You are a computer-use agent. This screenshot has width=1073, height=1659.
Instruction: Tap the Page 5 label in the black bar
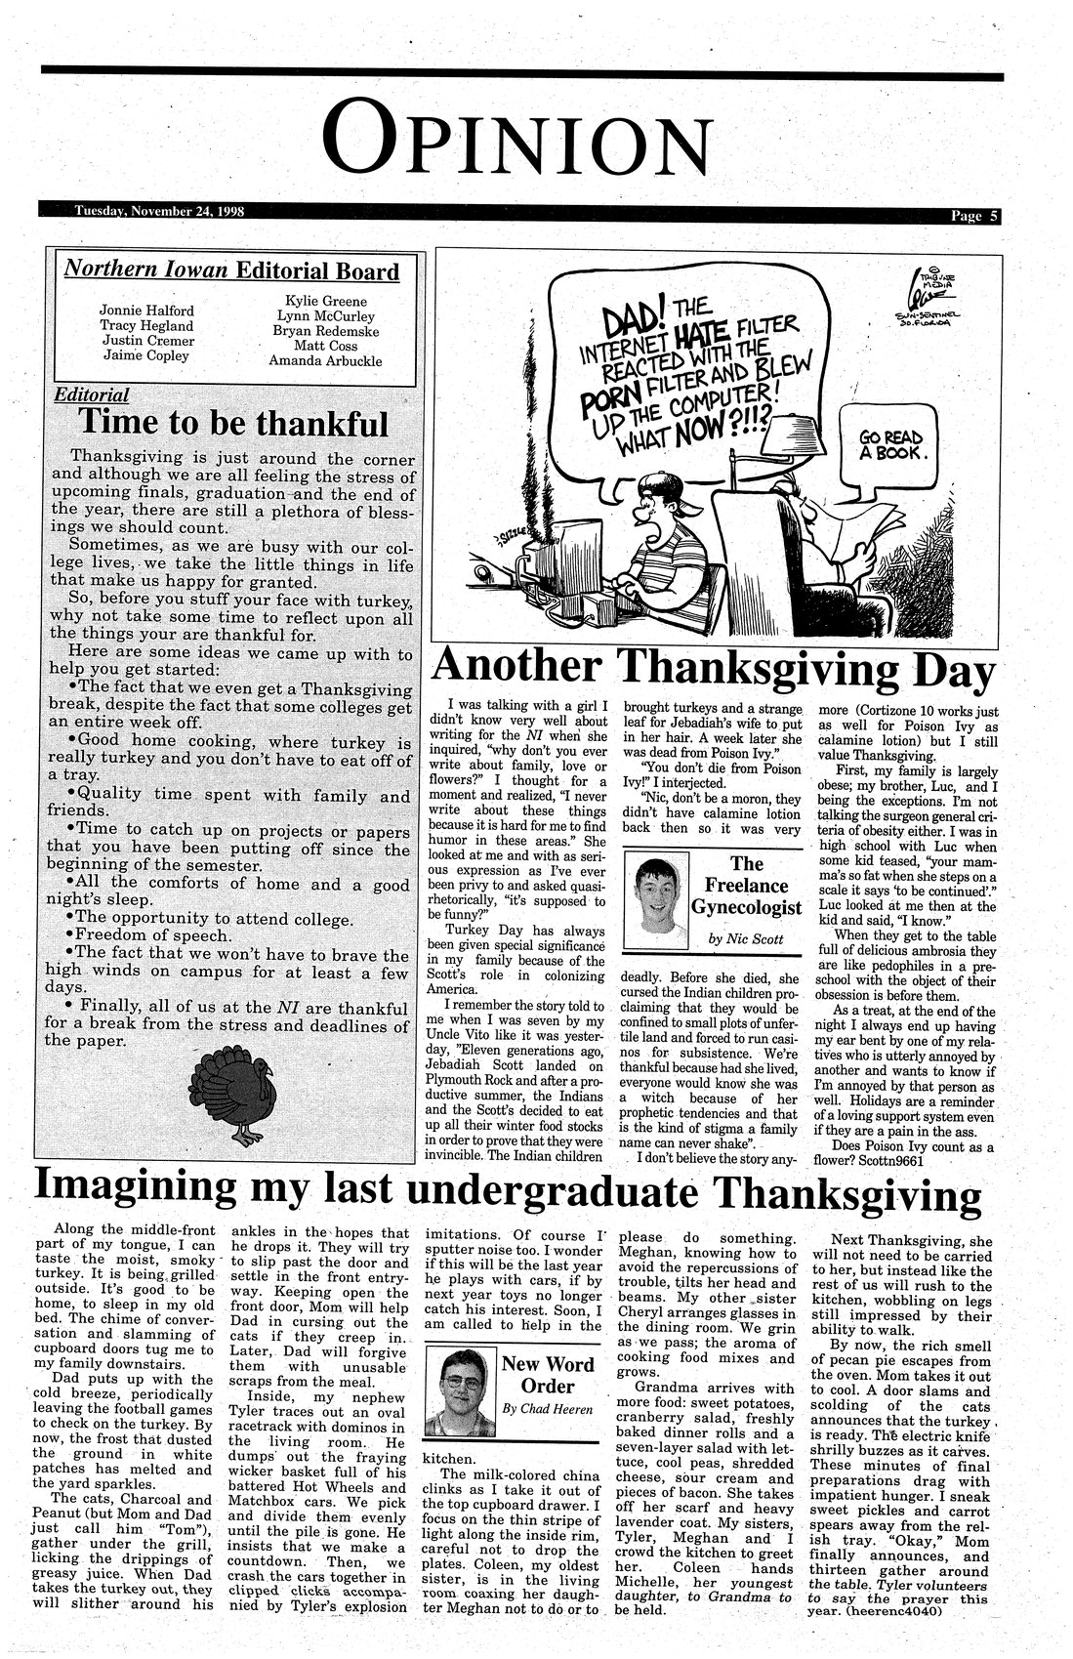pos(974,216)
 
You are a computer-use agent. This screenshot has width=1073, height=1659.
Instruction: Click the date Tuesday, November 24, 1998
pos(159,211)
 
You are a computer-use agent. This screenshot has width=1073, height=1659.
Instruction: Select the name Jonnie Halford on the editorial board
pos(146,311)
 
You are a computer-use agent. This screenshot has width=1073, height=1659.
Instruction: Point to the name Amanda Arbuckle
pos(325,361)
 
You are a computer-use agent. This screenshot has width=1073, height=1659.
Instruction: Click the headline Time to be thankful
pos(232,423)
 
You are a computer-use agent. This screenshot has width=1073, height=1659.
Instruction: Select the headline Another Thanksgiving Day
pos(713,668)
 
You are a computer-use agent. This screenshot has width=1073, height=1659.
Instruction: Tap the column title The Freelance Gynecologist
pos(747,886)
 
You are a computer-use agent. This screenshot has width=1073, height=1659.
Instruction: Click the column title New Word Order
pos(547,1375)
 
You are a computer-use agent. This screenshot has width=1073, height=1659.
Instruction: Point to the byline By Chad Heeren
pos(548,1409)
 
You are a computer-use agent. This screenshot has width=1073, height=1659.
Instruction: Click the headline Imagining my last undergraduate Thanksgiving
pos(508,1188)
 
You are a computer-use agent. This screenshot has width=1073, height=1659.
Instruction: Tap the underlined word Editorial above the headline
pos(91,395)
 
